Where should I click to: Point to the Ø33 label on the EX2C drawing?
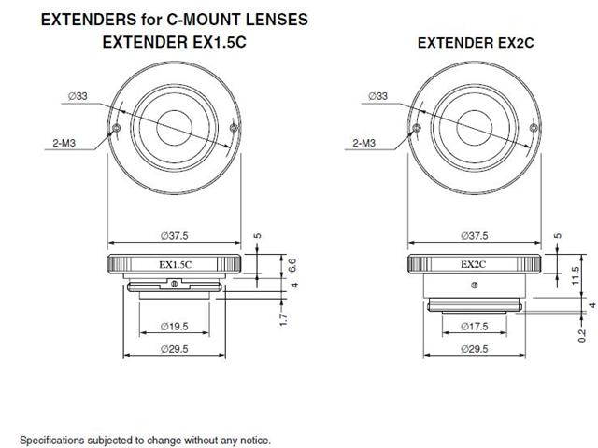click(x=378, y=94)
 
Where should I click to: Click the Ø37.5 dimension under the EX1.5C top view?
click(x=175, y=235)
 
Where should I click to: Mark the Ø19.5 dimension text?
click(x=175, y=326)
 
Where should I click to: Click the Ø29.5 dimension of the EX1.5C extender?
click(x=175, y=349)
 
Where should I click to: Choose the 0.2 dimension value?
click(x=580, y=333)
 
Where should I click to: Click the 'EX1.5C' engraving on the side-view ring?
click(x=175, y=264)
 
